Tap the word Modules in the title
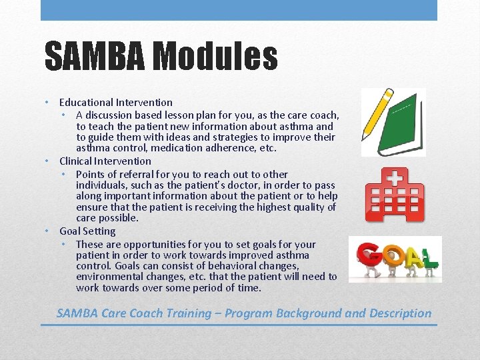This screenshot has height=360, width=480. click(x=214, y=56)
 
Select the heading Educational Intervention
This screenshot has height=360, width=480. click(x=115, y=103)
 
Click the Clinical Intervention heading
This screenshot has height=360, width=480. click(x=105, y=161)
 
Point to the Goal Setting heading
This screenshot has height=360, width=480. click(x=87, y=231)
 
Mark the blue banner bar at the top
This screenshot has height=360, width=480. click(x=239, y=10)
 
